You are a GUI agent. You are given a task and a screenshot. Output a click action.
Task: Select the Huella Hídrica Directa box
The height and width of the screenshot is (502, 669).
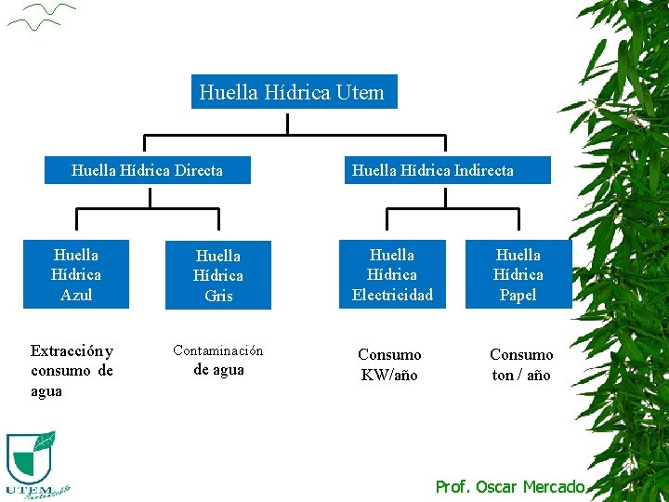(x=148, y=170)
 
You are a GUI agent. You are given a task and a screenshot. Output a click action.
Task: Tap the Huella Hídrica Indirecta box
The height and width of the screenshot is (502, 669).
(x=447, y=170)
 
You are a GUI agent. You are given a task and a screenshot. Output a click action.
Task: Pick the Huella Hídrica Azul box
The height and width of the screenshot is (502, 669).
(x=76, y=274)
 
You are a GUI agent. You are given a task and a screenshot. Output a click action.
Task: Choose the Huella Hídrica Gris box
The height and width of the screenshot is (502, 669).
(x=218, y=275)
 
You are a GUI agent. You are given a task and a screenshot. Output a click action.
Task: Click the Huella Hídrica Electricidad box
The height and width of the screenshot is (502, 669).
(x=392, y=274)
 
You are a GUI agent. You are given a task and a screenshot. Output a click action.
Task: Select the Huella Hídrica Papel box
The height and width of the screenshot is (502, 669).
(x=518, y=274)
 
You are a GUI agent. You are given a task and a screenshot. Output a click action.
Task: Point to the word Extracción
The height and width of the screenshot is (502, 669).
(x=67, y=351)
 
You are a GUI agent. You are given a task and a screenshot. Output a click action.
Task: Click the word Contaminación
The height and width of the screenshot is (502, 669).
(x=218, y=350)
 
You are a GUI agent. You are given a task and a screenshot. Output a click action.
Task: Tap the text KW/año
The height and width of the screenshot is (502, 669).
(x=389, y=376)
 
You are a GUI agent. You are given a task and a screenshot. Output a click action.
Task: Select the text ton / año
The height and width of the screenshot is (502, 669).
(x=520, y=376)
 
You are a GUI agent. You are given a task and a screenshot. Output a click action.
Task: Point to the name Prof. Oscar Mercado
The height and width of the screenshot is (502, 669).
(x=510, y=486)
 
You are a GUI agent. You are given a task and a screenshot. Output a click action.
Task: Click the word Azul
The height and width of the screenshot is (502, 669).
(x=76, y=295)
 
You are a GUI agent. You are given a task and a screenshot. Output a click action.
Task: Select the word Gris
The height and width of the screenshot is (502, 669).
(x=218, y=296)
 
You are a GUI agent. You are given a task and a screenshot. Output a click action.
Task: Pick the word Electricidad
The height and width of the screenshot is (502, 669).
(x=392, y=295)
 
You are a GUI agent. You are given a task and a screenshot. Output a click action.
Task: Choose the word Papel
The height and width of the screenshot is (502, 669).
(x=518, y=295)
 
